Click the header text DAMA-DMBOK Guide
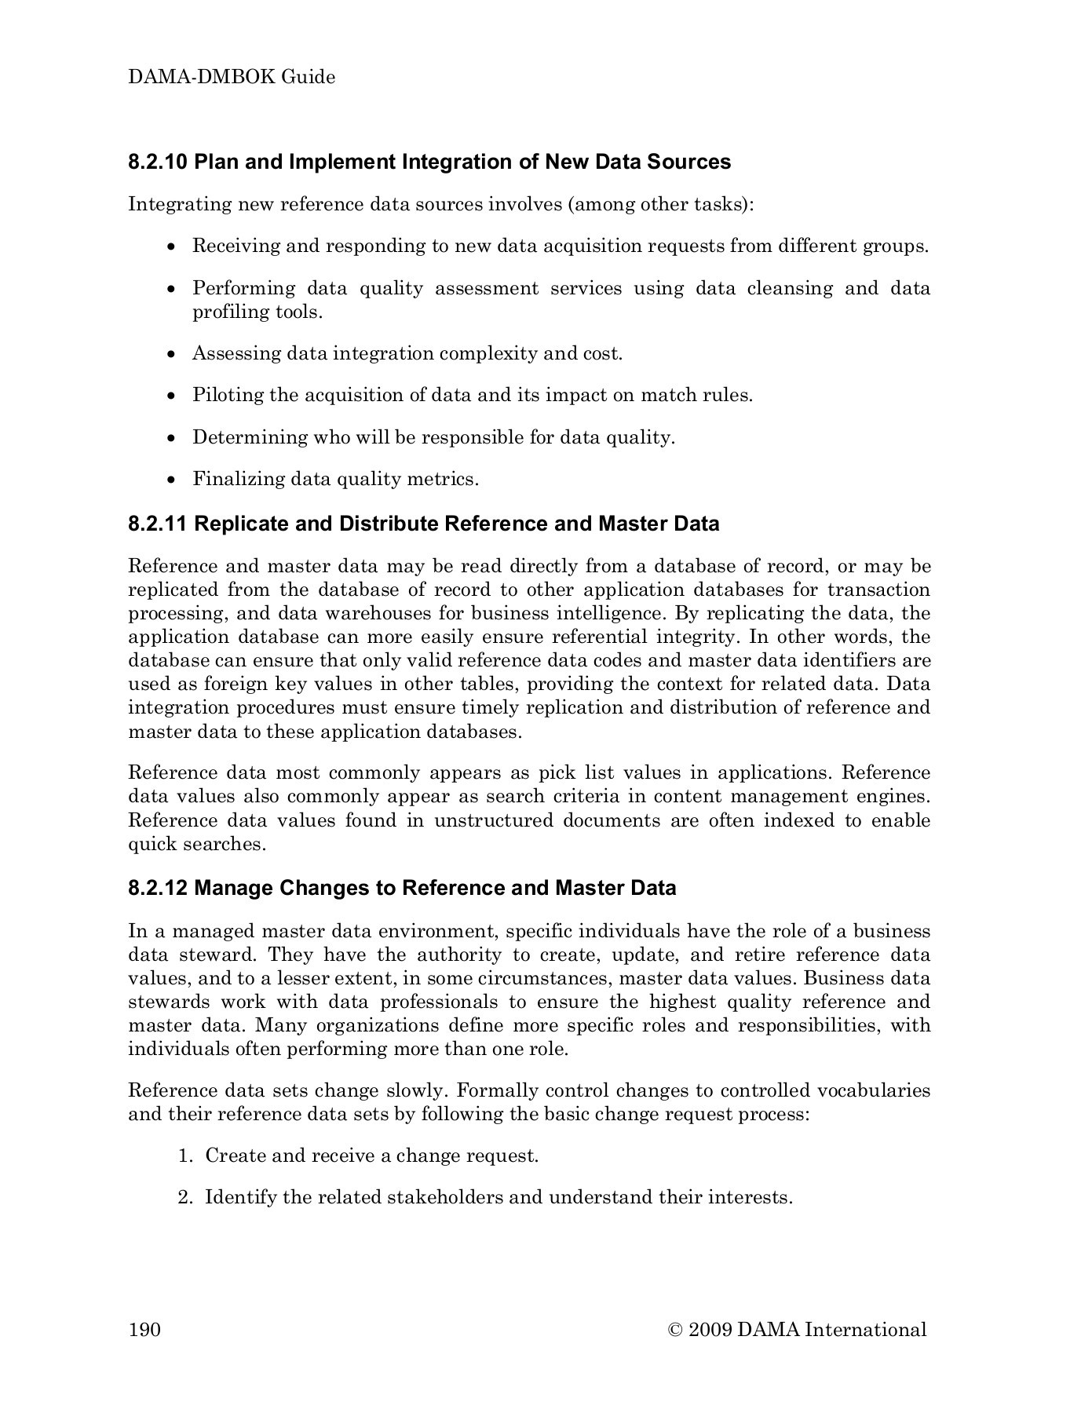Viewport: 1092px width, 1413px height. [232, 77]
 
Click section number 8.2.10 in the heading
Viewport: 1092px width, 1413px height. [158, 162]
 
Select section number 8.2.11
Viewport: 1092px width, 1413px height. [157, 524]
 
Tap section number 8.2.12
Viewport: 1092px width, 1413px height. [158, 888]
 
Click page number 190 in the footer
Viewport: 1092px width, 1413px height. [144, 1329]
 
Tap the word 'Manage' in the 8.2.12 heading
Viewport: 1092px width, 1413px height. [233, 888]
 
